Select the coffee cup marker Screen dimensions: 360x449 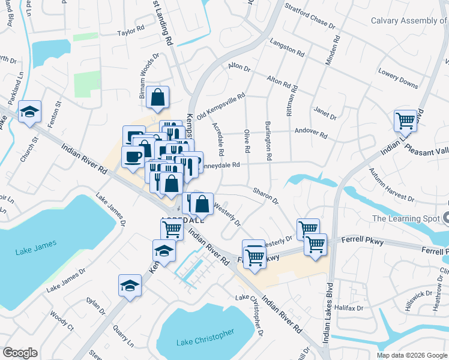point(133,157)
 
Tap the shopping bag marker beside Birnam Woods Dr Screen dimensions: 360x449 point(157,97)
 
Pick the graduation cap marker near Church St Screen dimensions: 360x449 point(29,112)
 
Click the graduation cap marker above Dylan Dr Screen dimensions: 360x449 point(130,286)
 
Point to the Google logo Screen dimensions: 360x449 point(20,353)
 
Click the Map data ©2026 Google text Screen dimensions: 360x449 point(412,355)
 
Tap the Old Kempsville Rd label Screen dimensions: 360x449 point(221,105)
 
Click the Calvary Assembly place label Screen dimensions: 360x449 point(413,20)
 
